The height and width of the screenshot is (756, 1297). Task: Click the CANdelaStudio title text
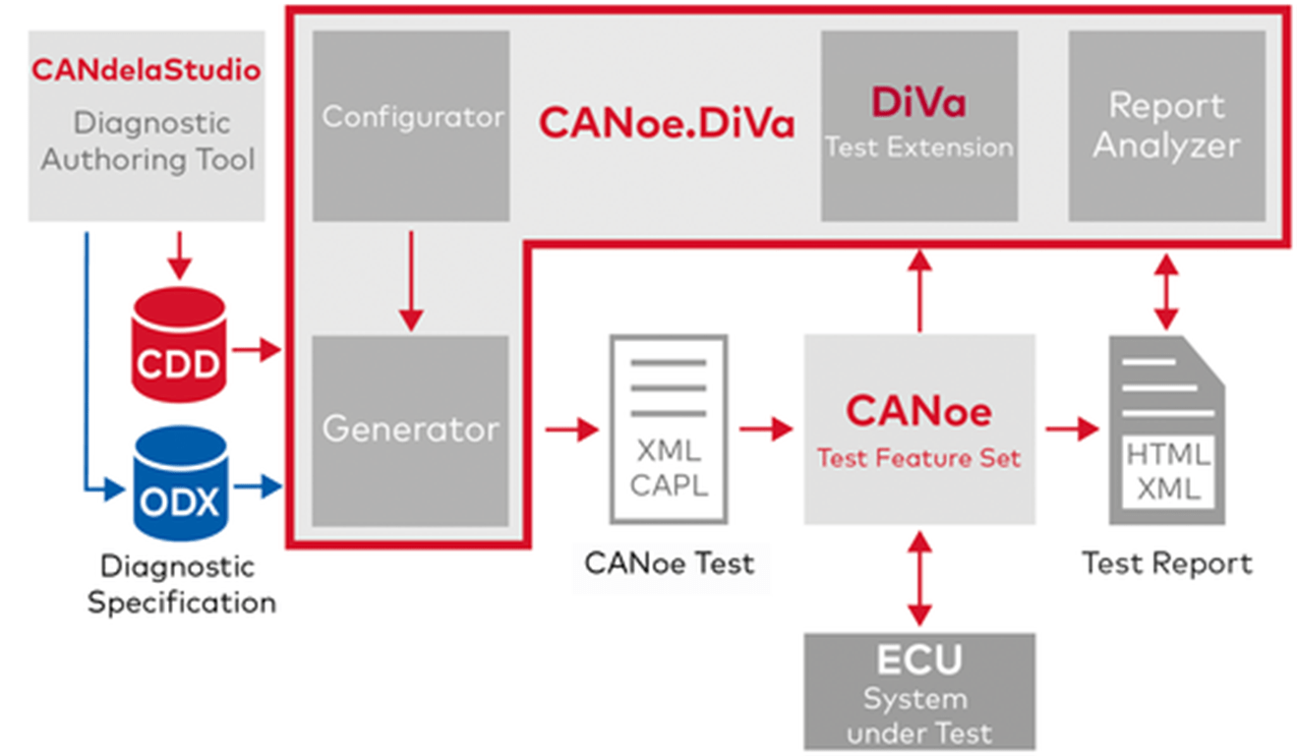(147, 71)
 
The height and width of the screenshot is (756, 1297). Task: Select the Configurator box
(411, 126)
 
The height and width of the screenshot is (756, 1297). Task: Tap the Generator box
(411, 430)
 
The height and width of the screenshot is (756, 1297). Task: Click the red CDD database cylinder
(178, 345)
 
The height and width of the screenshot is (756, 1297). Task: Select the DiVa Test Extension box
(918, 126)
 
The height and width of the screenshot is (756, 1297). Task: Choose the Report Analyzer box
(1166, 126)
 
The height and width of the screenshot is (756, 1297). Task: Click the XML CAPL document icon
(669, 430)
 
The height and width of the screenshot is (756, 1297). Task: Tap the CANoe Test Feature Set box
(918, 430)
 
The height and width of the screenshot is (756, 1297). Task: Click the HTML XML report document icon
(1166, 430)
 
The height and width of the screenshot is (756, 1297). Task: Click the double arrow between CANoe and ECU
(918, 579)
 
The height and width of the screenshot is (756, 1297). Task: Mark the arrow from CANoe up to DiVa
(918, 290)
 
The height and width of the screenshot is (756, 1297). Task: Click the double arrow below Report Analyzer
(1166, 291)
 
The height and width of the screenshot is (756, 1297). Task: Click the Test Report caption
(1166, 563)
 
